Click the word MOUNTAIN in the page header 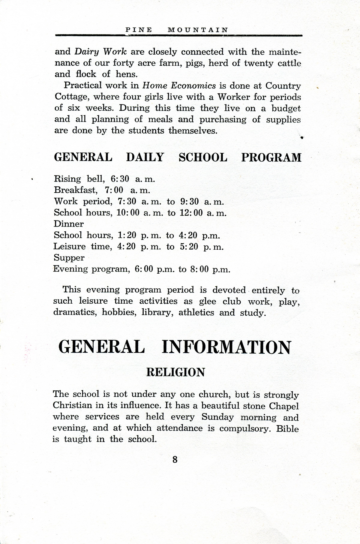(x=198, y=30)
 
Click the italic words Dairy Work (x=100, y=52)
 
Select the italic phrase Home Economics (x=179, y=86)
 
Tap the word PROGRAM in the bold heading (x=271, y=158)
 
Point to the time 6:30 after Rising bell (x=120, y=179)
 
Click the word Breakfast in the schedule (x=76, y=190)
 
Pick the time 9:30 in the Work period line (x=190, y=201)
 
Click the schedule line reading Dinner (x=69, y=224)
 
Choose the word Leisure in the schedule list (x=70, y=247)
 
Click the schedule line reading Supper (x=69, y=258)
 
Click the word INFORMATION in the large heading (x=226, y=347)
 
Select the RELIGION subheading (x=175, y=372)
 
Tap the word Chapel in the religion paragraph (x=284, y=406)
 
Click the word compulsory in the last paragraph (x=246, y=428)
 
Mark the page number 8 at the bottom (x=175, y=460)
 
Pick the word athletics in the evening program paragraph (x=196, y=313)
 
